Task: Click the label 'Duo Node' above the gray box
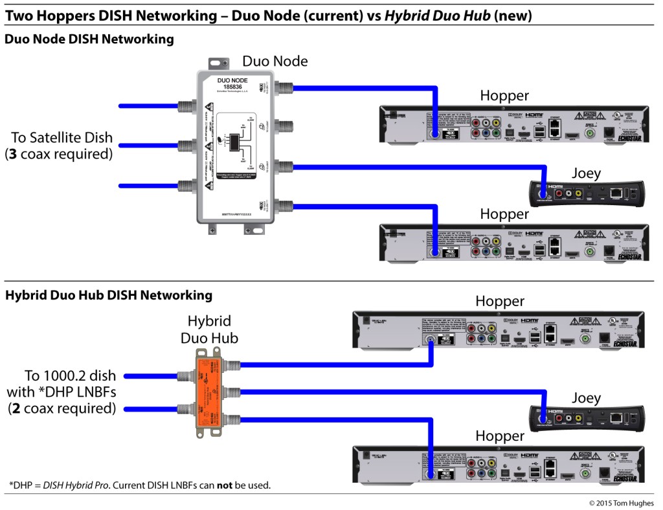[275, 61]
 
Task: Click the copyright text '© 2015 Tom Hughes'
[621, 503]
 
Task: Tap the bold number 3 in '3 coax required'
[12, 154]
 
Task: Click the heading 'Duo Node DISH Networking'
[89, 39]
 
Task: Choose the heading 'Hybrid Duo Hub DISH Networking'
[109, 295]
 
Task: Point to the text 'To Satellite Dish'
[62, 138]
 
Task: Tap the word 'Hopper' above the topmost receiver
[504, 96]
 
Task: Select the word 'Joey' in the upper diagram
[585, 173]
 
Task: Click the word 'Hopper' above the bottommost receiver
[499, 436]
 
